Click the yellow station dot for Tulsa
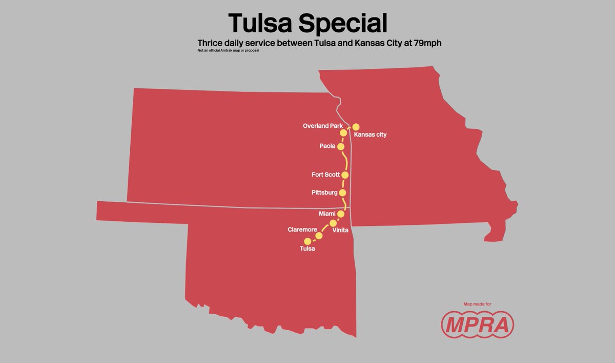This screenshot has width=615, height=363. click(x=307, y=241)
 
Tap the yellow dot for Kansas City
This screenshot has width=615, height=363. click(x=356, y=126)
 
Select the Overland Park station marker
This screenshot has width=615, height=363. click(x=343, y=132)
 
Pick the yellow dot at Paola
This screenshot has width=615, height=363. click(x=341, y=146)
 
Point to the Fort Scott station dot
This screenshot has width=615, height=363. click(x=345, y=175)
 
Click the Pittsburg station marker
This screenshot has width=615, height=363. click(x=343, y=193)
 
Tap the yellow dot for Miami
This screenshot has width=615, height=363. click(x=341, y=213)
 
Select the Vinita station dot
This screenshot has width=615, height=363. click(x=333, y=223)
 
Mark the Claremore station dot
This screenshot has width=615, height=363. click(x=319, y=236)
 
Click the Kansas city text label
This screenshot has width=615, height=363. click(x=371, y=135)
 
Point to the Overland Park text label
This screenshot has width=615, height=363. click(x=322, y=126)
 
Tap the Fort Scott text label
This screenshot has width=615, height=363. click(x=325, y=175)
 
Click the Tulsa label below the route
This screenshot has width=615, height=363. click(x=307, y=249)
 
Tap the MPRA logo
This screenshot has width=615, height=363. click(x=478, y=324)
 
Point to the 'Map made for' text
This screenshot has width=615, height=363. click(x=477, y=304)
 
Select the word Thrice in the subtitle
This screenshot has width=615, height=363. click(x=211, y=44)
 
